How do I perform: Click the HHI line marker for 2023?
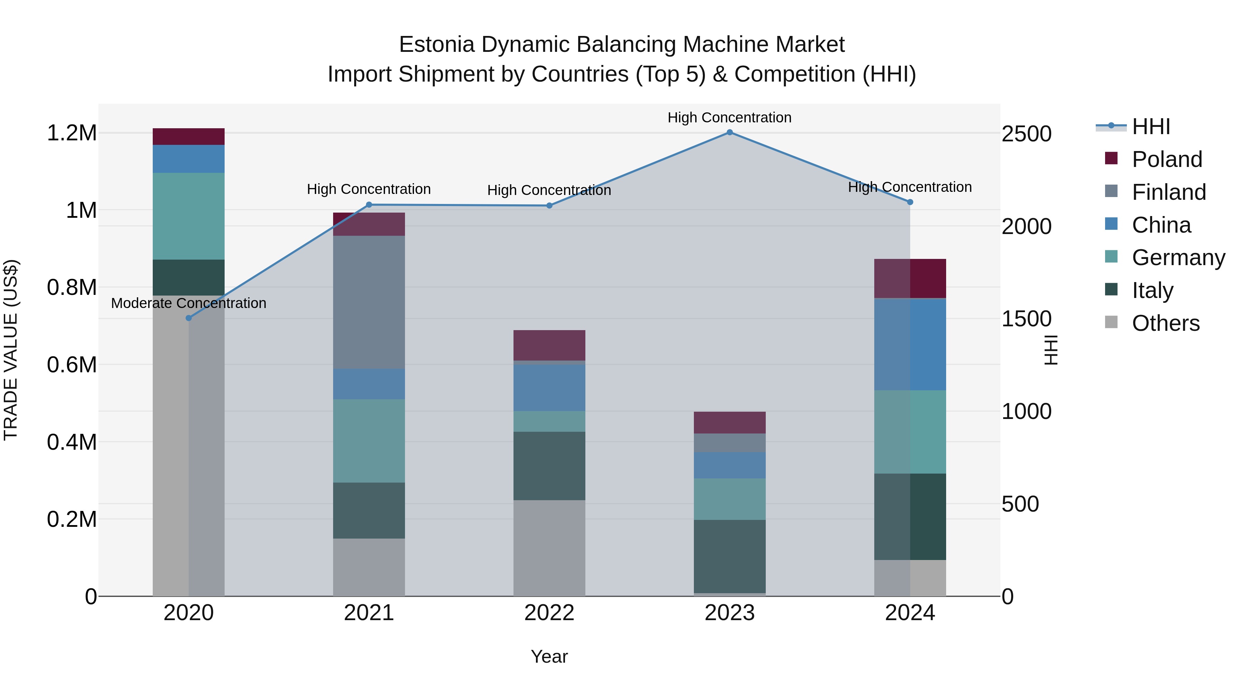tap(729, 132)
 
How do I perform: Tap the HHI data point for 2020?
tap(189, 318)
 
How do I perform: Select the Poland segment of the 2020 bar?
tap(189, 137)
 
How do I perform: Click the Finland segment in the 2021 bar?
tap(369, 302)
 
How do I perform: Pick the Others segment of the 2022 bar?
tap(549, 548)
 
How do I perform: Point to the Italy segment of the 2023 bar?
tap(729, 556)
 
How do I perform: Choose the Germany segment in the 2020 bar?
tap(189, 216)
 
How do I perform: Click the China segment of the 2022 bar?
tap(549, 388)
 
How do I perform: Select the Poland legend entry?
tap(1167, 159)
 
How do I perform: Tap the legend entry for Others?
tap(1165, 323)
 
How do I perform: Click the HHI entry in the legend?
tap(1151, 127)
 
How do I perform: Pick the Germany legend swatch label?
tap(1178, 258)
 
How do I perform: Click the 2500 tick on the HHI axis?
tap(1026, 134)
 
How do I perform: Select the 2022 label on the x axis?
tap(549, 613)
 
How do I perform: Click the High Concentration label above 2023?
tap(729, 118)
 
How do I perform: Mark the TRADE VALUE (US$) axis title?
tap(11, 350)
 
